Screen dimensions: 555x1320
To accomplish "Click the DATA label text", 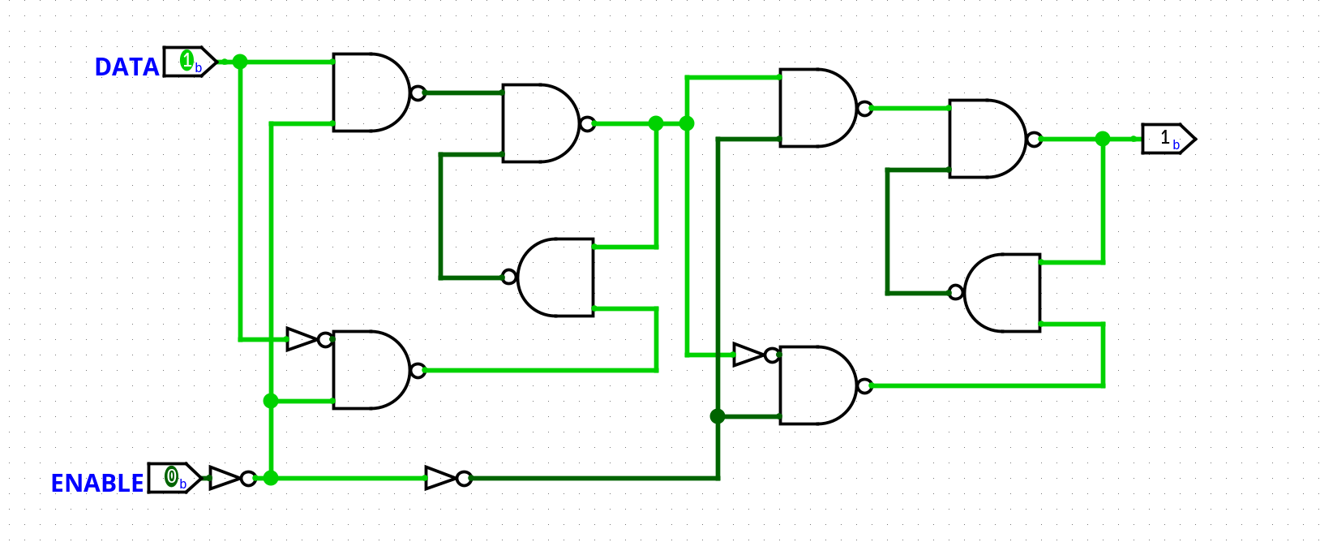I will (x=126, y=67).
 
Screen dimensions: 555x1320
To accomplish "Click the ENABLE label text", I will (x=96, y=484).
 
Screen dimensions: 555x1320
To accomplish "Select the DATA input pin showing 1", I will (x=190, y=62).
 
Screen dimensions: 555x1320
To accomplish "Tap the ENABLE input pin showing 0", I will (x=174, y=478).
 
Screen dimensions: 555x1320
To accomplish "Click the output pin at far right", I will (x=1168, y=139).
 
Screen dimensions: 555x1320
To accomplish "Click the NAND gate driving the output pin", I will (x=986, y=139).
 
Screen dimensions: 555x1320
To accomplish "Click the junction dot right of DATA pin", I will (x=240, y=62).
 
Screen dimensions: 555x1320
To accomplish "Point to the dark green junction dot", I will (x=718, y=416).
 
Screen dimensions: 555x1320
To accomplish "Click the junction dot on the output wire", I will (x=1103, y=139).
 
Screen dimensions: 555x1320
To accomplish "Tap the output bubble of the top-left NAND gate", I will (x=418, y=92).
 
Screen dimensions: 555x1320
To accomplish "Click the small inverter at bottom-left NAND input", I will (x=304, y=339).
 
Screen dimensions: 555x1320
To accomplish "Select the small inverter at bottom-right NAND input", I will (x=751, y=355).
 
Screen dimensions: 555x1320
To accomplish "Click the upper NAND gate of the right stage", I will (x=817, y=108).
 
